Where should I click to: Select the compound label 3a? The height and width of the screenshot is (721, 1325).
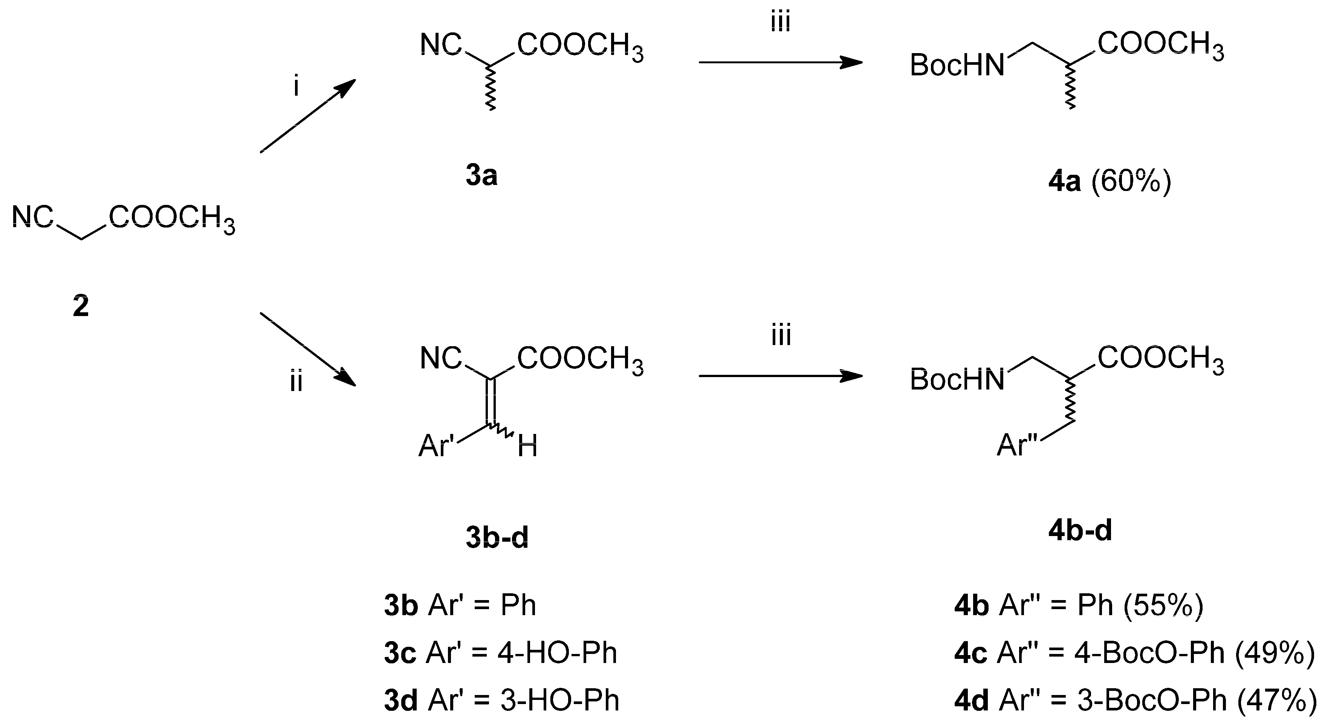click(481, 176)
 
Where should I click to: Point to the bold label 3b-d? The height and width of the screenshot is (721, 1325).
click(497, 538)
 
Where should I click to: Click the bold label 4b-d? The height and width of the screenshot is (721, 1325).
click(1080, 531)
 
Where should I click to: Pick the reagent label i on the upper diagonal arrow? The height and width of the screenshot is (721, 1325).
click(296, 87)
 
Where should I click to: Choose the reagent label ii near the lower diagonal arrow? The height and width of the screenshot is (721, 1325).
click(296, 382)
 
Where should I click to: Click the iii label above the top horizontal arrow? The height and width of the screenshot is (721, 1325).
click(780, 23)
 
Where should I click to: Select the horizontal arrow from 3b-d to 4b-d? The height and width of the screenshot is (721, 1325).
click(780, 376)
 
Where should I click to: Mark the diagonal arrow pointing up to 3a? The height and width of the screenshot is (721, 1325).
click(307, 116)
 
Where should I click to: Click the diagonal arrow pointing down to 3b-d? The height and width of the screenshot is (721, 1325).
click(307, 349)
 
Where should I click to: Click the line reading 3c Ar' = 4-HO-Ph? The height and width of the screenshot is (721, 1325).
click(500, 653)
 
